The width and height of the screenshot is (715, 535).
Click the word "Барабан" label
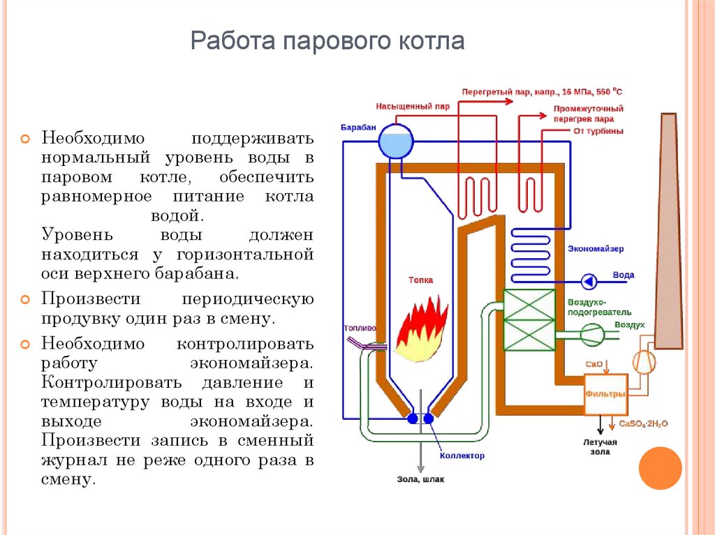pos(358,127)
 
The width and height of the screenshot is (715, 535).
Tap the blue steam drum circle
pos(396,142)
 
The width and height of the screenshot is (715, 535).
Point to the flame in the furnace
pos(421,329)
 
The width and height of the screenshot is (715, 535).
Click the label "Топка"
pos(420,280)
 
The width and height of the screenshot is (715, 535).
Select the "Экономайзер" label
pos(596,249)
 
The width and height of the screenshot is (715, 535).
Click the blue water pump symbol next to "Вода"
pos(589,282)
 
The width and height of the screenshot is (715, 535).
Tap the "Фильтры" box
pos(605,394)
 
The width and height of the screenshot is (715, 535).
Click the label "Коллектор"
pos(462,455)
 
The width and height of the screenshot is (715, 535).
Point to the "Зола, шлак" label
pos(420,479)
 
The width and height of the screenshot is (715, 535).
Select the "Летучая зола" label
pos(600,447)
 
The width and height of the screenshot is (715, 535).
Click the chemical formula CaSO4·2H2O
pos(643,424)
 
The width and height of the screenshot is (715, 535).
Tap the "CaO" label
pos(594,364)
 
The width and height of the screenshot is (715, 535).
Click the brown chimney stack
pos(668,231)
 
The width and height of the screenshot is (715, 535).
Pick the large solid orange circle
pos(660,468)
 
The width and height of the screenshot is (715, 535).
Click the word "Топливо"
pos(360,328)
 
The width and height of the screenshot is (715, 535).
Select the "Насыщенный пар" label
pos(413,106)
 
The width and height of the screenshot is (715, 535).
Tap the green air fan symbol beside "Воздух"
pos(592,335)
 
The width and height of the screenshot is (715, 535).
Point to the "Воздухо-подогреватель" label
pos(599,307)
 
